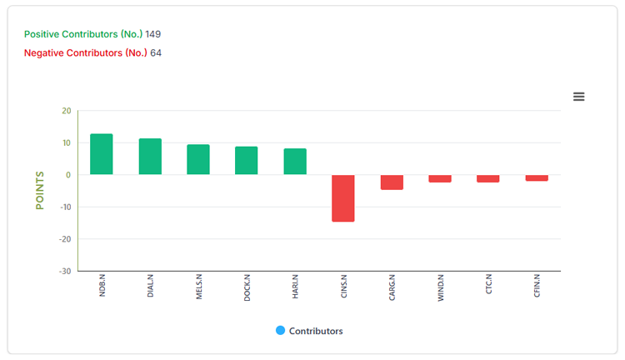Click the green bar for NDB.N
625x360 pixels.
(x=101, y=154)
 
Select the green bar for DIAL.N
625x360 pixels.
(x=150, y=157)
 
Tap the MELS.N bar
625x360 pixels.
(x=198, y=159)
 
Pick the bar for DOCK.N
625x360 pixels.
(x=247, y=160)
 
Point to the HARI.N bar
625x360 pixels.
(x=295, y=162)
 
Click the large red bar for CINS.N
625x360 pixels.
(x=343, y=198)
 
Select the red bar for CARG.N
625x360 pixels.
(x=392, y=182)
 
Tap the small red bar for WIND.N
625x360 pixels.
(x=440, y=178)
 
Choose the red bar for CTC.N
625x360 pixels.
(x=487, y=178)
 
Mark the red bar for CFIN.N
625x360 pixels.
(x=537, y=177)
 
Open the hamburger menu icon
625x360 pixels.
(x=579, y=97)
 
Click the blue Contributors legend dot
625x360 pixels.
(x=280, y=331)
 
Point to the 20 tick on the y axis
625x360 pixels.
(x=67, y=111)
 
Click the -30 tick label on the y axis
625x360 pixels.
(x=65, y=271)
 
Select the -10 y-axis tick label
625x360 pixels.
(x=65, y=207)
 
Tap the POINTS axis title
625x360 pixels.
(x=39, y=191)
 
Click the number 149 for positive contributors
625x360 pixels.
(x=153, y=34)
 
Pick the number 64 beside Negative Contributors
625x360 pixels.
(x=156, y=53)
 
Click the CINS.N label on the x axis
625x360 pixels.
(x=344, y=286)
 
